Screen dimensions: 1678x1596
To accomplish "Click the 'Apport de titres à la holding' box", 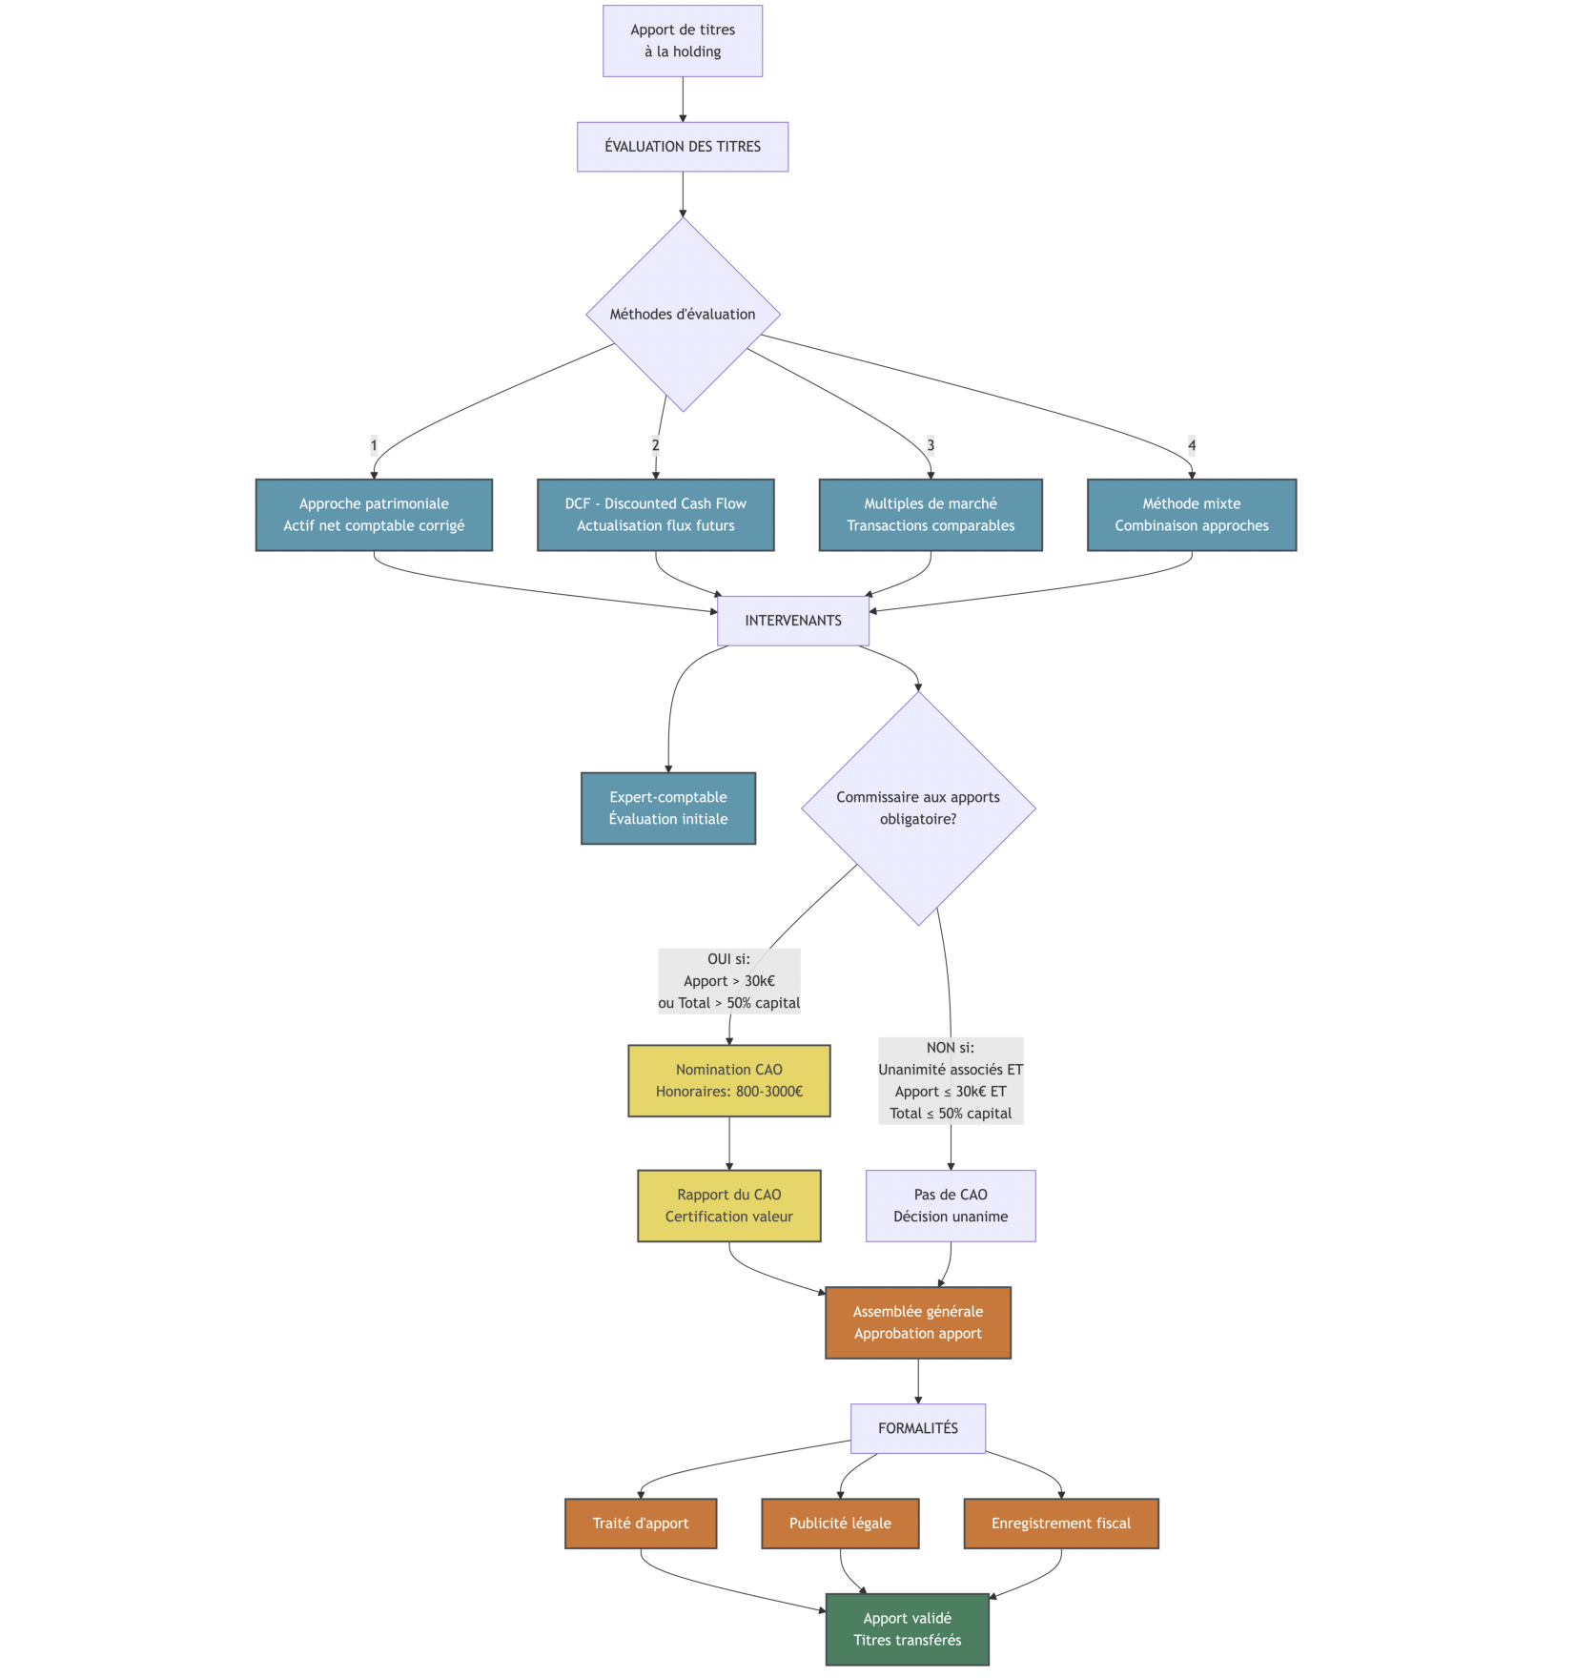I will pos(683,41).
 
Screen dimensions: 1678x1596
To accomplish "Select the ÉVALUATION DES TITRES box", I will pos(683,147).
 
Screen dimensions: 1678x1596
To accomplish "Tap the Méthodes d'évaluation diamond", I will pos(683,315).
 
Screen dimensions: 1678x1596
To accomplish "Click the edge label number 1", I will pos(374,445).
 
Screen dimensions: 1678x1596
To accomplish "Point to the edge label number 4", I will pos(1192,445).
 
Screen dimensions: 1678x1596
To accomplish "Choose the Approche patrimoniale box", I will pos(374,515).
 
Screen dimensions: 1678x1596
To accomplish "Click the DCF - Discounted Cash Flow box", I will pos(655,515).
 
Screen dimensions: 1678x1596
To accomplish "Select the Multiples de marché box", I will pos(931,515).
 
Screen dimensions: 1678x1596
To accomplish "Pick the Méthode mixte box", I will pos(1192,515).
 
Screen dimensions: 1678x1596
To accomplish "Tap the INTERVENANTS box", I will pos(793,621).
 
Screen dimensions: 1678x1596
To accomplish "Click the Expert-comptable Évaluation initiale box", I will pos(668,808).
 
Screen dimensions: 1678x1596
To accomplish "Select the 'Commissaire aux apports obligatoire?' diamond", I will pos(918,808).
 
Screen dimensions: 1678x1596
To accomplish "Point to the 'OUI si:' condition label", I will pos(729,981).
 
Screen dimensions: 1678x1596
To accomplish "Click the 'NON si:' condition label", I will pos(951,1080).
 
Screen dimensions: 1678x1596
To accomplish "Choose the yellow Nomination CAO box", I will pos(729,1081).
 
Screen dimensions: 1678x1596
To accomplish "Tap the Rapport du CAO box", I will pos(729,1206).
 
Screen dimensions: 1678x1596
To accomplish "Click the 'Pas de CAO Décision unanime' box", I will pos(951,1206).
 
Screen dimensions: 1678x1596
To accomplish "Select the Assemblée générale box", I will pos(918,1323).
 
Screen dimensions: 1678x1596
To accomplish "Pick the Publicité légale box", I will pos(840,1524).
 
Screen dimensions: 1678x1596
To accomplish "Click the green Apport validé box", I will pos(908,1629).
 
